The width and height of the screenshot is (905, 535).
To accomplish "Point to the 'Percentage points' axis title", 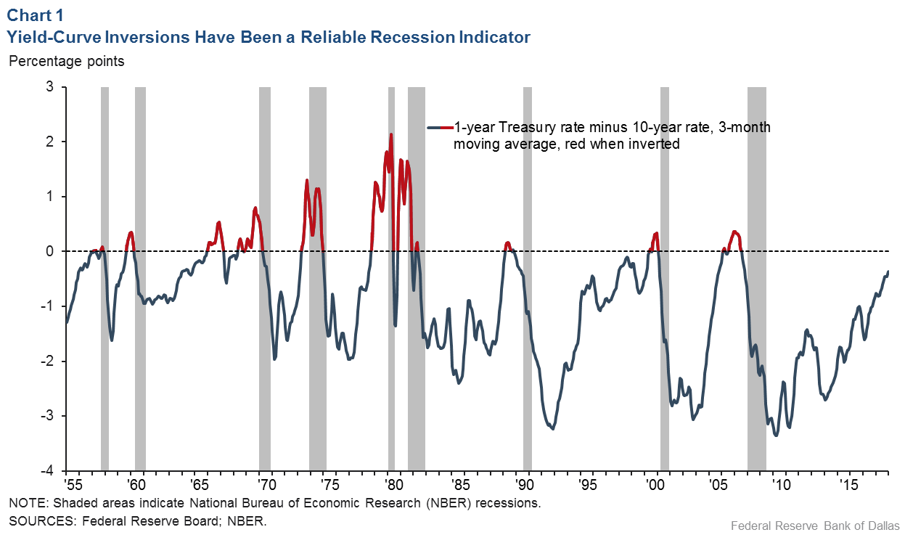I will [66, 61].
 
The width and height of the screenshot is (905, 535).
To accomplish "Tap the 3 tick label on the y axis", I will [51, 87].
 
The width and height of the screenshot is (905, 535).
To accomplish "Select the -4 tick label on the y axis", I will [48, 471].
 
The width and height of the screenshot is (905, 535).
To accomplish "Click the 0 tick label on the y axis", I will [51, 251].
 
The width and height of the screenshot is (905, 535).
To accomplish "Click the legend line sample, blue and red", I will [440, 127].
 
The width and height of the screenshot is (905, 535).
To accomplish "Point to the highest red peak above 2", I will [391, 135].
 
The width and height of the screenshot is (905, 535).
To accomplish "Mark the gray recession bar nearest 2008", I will [757, 279].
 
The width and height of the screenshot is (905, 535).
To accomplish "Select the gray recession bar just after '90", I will [528, 279].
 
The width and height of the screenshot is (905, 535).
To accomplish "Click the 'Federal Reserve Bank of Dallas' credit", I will [814, 525].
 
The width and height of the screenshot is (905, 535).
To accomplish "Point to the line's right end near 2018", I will [888, 272].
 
